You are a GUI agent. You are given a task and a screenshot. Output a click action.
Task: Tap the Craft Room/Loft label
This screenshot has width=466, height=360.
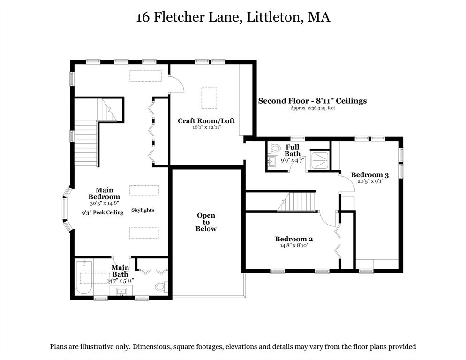pos(206,121)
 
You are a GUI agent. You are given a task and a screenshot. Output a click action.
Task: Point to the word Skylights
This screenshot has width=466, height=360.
pos(143,210)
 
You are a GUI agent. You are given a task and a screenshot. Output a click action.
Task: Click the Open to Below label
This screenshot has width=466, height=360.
pos(206,222)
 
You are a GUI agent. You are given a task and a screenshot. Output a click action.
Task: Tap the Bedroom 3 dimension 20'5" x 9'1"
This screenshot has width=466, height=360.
pos(370,181)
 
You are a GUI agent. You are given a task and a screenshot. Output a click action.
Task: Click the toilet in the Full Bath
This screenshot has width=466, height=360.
pos(275,148)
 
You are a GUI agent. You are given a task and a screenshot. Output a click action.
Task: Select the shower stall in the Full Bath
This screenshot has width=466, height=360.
pos(320,160)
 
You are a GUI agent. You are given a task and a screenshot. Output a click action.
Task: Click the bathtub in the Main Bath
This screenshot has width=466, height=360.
pos(84,278)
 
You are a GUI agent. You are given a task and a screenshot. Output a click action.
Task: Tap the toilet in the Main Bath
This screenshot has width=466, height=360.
pos(161,286)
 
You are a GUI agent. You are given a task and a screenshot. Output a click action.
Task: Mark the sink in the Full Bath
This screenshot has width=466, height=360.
pos(272,162)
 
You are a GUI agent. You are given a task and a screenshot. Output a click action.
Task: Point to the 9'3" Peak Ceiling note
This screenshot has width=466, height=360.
pos(102,212)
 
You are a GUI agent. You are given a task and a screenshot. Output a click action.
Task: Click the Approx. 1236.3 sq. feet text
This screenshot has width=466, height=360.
pos(312,108)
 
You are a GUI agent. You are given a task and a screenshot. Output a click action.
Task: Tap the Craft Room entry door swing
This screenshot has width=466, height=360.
pos(177,85)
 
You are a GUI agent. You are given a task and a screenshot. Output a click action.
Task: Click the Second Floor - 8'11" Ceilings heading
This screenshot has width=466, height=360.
pos(312,100)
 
